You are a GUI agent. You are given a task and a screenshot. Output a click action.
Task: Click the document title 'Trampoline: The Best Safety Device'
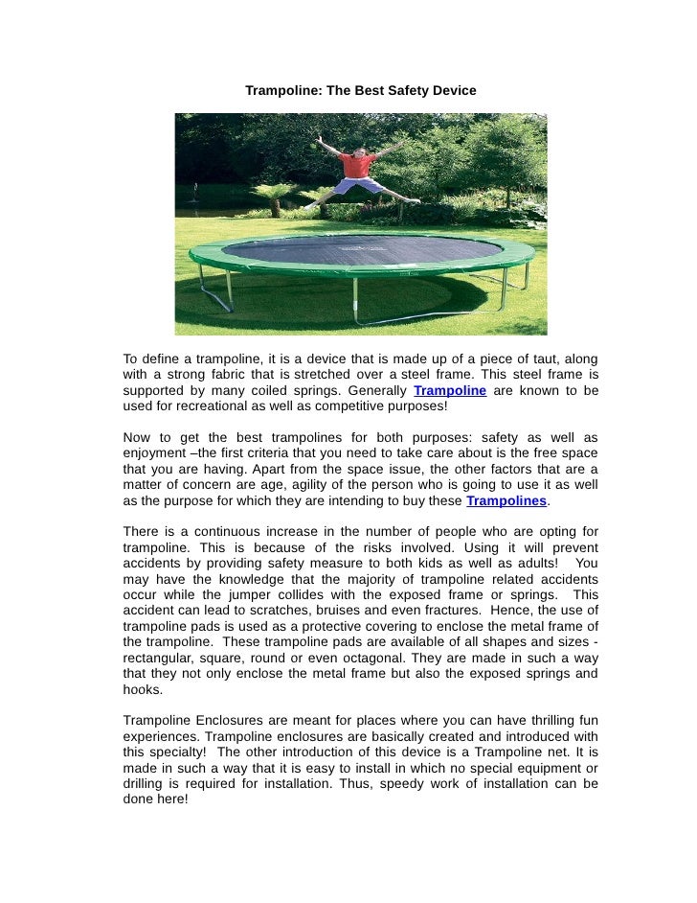(360, 90)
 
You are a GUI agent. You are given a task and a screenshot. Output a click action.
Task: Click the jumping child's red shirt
(354, 164)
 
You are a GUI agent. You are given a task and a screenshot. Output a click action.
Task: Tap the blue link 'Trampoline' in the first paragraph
(450, 391)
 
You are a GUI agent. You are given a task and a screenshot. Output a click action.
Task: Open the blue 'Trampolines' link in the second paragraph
(506, 501)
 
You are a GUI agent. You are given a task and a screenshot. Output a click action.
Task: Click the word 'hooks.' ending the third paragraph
(144, 690)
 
